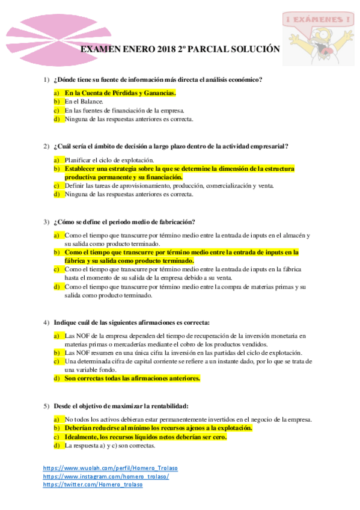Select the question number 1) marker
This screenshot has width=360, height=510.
[46, 80]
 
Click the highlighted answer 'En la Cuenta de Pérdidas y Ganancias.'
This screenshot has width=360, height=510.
[120, 93]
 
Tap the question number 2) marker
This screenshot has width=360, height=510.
[46, 146]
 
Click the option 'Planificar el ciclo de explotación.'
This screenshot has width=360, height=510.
[109, 160]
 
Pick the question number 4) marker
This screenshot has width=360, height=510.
[46, 322]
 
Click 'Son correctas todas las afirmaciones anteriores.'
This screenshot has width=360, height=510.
[132, 378]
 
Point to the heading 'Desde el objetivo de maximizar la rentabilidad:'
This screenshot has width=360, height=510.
[123, 405]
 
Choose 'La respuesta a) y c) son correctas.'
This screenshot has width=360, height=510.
[110, 446]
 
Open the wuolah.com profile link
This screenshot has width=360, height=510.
[111, 468]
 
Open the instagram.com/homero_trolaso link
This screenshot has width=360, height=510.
[106, 476]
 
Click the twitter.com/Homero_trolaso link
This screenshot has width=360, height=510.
[93, 485]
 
